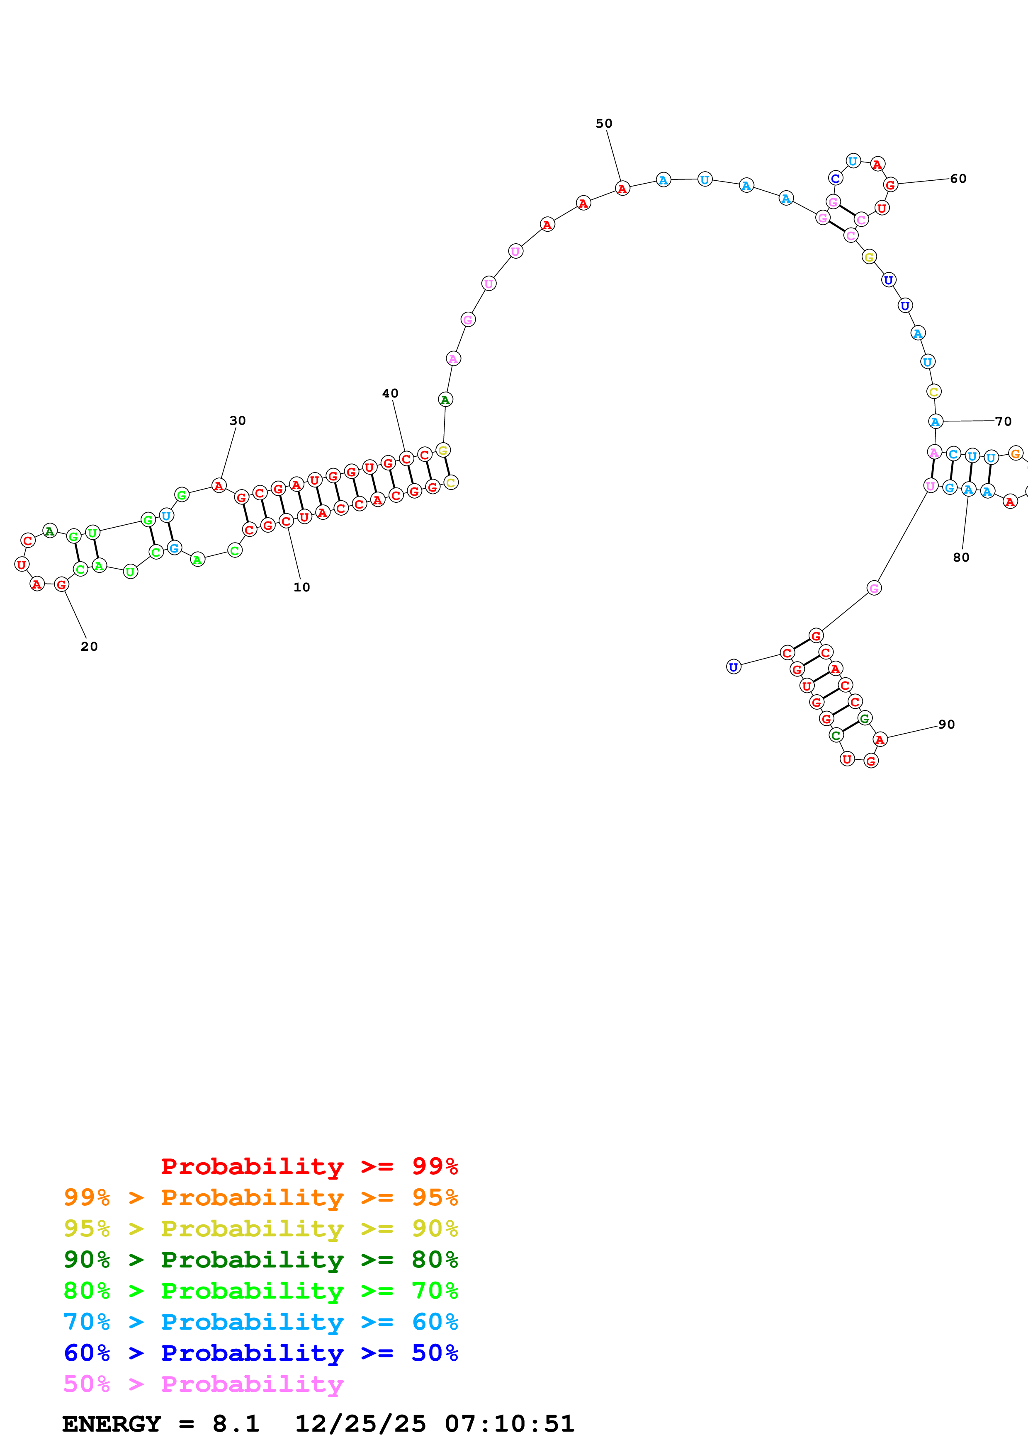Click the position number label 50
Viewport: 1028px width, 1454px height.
pos(604,124)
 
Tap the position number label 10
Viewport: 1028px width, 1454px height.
pos(301,587)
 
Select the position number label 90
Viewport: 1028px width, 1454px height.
pos(946,725)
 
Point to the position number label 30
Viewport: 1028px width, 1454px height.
pos(238,421)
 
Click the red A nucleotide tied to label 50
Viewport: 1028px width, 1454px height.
pos(622,189)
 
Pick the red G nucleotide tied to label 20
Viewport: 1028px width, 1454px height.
pos(61,584)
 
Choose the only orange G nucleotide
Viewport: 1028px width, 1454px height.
pos(1015,453)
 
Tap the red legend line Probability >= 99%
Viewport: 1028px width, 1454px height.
pos(309,1166)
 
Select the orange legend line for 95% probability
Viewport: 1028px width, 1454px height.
pos(260,1197)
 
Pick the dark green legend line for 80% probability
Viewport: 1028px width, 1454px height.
pos(260,1260)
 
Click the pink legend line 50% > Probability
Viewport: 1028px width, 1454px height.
pos(203,1384)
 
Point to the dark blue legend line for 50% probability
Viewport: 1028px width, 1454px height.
pos(260,1353)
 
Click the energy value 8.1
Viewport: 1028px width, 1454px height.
pos(236,1424)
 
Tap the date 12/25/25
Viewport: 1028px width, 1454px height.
pos(360,1424)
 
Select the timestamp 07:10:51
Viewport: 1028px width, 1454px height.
pos(509,1424)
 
